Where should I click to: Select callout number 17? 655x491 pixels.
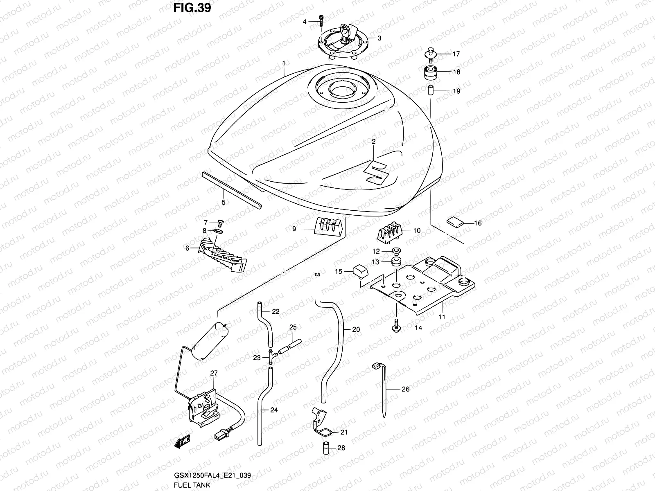456,54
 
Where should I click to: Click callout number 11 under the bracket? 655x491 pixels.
442,316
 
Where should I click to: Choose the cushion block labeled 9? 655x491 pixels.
327,226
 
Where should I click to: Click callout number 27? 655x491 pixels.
214,373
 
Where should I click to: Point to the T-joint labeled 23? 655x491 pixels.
271,357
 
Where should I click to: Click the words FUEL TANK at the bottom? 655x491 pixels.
192,485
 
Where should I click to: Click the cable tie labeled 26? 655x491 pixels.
384,389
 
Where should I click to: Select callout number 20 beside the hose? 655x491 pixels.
356,329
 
